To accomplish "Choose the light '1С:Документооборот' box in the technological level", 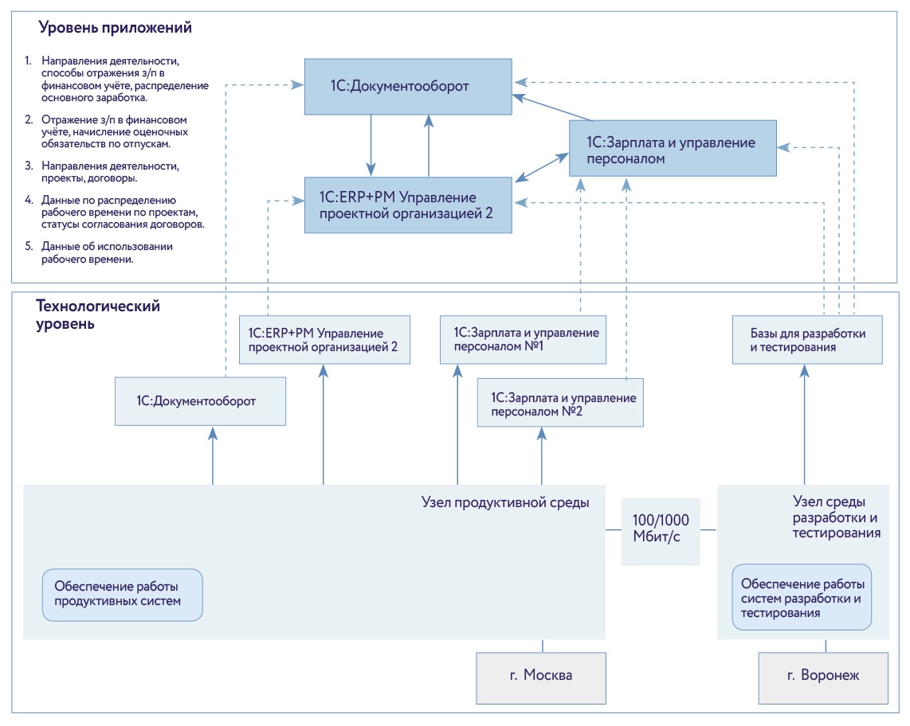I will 199,400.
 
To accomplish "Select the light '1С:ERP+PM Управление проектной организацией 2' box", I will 324,340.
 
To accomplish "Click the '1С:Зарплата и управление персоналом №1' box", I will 524,340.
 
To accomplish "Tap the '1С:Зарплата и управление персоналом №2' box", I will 561,404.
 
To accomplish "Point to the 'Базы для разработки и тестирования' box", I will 807,340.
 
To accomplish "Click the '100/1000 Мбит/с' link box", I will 661,528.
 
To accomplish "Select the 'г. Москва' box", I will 541,676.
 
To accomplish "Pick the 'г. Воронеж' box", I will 823,676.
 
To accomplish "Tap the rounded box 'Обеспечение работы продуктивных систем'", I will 123,594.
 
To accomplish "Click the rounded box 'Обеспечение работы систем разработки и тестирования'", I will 802,597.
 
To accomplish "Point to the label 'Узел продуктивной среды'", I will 505,502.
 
